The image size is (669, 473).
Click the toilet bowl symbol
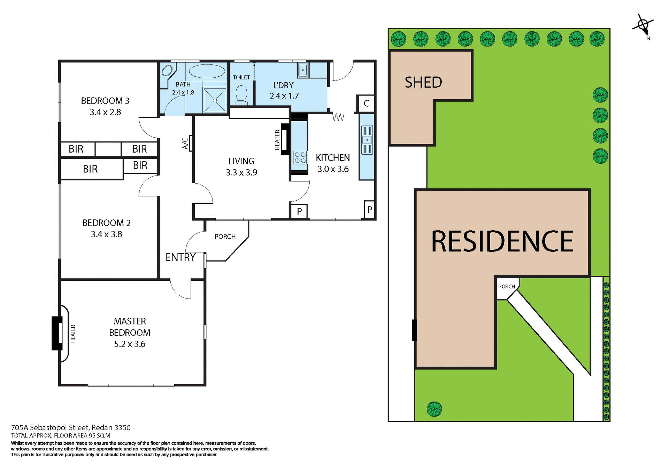point(241,94)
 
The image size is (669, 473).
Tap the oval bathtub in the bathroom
point(207,71)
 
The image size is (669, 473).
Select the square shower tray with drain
point(215,100)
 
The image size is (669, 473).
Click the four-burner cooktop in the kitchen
point(300,157)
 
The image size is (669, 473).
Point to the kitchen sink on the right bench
point(367,140)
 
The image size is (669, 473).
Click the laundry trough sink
point(302,70)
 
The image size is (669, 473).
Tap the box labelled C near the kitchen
point(366,103)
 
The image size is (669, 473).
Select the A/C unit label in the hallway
point(186,143)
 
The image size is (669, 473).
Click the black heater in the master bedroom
point(57,333)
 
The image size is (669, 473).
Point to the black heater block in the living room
point(285,139)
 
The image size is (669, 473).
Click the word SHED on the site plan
point(423,83)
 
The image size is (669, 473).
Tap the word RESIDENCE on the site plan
point(502,241)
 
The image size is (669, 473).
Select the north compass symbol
point(643,25)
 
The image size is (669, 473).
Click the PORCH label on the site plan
point(506,286)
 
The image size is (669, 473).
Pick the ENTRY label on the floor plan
point(180,257)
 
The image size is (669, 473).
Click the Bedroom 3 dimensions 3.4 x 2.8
point(105,112)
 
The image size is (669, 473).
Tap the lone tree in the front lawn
point(434,409)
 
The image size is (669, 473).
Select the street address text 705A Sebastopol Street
point(71,427)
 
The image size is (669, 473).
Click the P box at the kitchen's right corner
point(369,210)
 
